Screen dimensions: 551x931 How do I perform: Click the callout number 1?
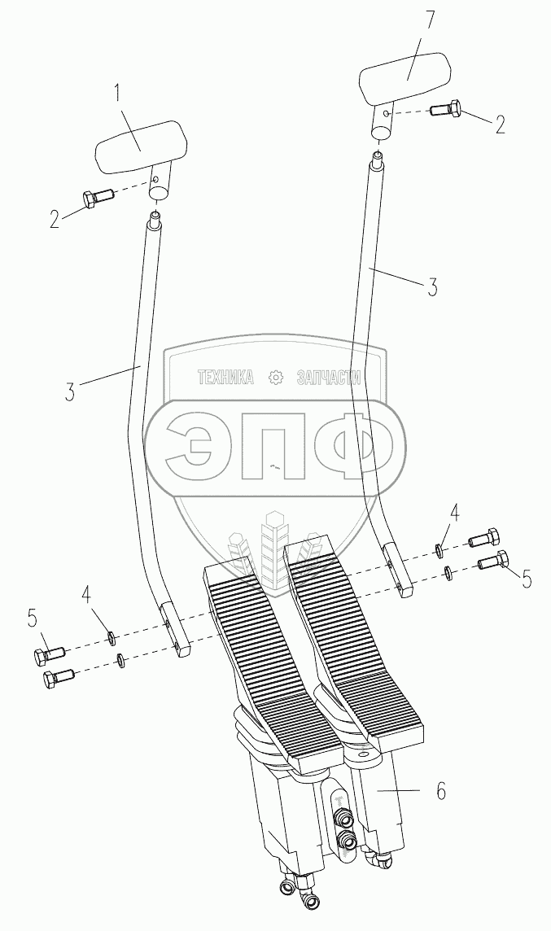(118, 94)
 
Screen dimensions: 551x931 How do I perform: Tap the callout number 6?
(440, 792)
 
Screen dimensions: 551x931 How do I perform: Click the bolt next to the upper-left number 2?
(96, 197)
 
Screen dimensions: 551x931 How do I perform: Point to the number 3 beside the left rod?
(71, 392)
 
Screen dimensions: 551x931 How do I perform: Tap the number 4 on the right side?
(454, 513)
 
